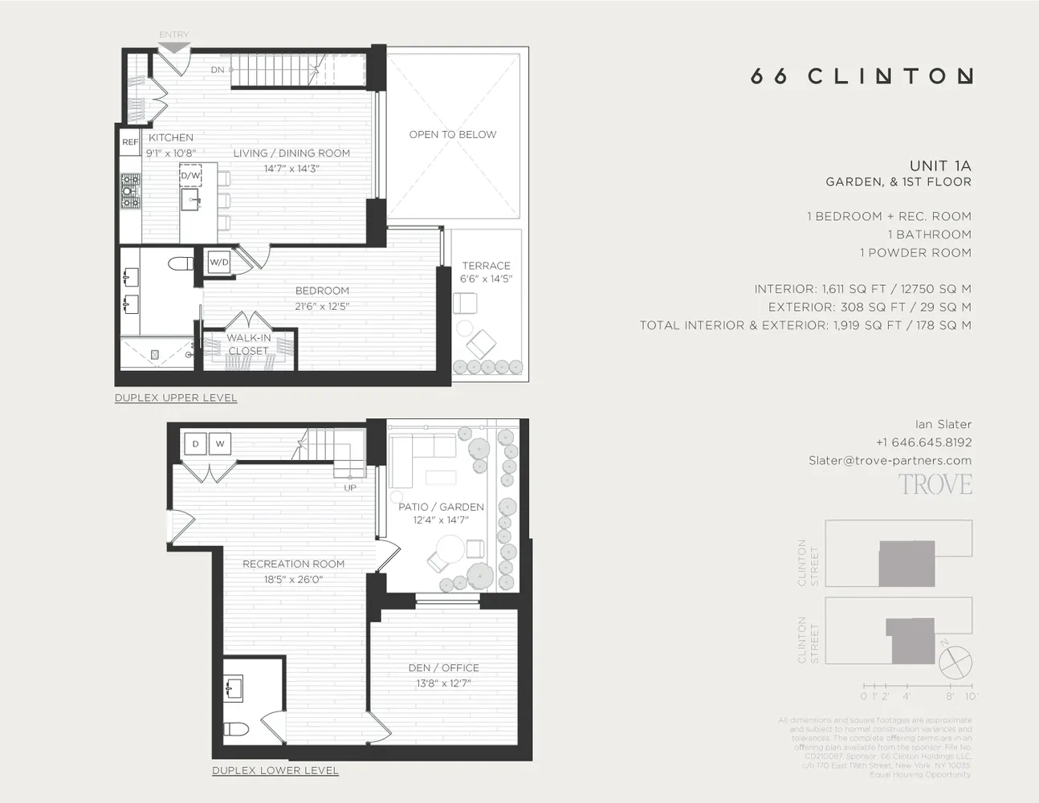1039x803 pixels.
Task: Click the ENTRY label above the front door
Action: pyautogui.click(x=173, y=35)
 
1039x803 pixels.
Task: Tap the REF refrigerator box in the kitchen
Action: pyautogui.click(x=130, y=142)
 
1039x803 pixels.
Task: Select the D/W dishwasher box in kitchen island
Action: pyautogui.click(x=190, y=175)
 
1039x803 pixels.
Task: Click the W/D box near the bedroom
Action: pyautogui.click(x=218, y=262)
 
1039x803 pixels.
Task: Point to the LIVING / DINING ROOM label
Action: pyautogui.click(x=291, y=153)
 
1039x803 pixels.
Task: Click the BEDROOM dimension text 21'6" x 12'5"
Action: pyautogui.click(x=322, y=306)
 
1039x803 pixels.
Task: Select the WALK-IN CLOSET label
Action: pyautogui.click(x=248, y=344)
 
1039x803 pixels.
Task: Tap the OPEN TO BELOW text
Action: pyautogui.click(x=453, y=134)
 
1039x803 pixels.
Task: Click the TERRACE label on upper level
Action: pyautogui.click(x=486, y=266)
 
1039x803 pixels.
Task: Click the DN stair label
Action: pyautogui.click(x=218, y=70)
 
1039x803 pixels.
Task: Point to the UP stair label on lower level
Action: pyautogui.click(x=350, y=487)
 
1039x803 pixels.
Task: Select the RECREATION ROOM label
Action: pyautogui.click(x=293, y=564)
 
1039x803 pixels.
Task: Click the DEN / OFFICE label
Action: pyautogui.click(x=443, y=668)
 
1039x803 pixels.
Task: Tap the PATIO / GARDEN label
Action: pyautogui.click(x=441, y=507)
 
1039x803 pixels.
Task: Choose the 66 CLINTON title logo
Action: pyautogui.click(x=862, y=76)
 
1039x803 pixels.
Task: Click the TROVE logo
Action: pyautogui.click(x=935, y=485)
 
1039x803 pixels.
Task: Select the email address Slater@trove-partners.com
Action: pyautogui.click(x=890, y=460)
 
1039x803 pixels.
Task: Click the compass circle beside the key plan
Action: pyautogui.click(x=955, y=662)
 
